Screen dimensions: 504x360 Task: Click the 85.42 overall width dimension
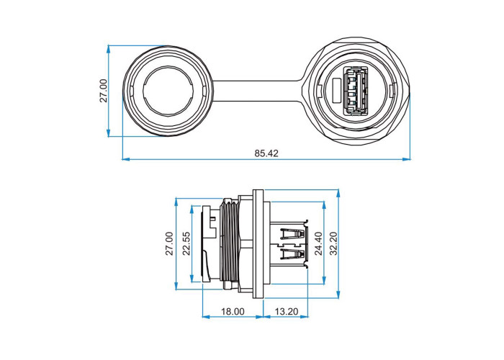pyautogui.click(x=266, y=153)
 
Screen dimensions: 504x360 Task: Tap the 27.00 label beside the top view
pyautogui.click(x=104, y=91)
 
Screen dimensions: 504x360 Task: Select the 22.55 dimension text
pyautogui.click(x=186, y=243)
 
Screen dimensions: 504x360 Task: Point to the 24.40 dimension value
pyautogui.click(x=318, y=243)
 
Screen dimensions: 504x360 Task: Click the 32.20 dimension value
pyautogui.click(x=334, y=243)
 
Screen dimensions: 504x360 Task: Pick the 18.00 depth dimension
pyautogui.click(x=233, y=312)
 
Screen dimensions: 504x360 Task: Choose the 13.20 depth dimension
pyautogui.click(x=286, y=312)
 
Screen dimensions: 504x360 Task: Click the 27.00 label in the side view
pyautogui.click(x=169, y=243)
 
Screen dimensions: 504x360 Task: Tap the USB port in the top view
pyautogui.click(x=356, y=91)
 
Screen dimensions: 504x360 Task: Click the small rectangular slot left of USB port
pyautogui.click(x=336, y=91)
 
